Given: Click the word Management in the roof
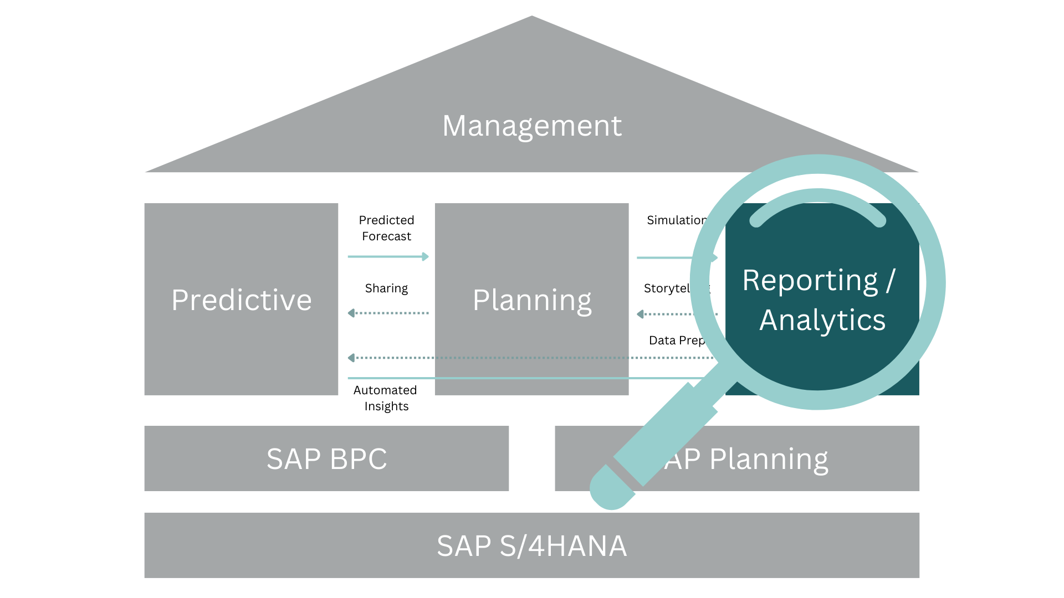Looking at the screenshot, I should [x=531, y=126].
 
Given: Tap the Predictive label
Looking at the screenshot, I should [x=242, y=300].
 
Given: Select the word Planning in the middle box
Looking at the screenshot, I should [x=532, y=301].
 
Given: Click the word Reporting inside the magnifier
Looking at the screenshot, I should [x=810, y=281].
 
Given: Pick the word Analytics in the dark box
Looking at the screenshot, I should [x=822, y=320].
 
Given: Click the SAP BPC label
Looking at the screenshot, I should [x=326, y=459].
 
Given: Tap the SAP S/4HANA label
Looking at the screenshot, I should [x=531, y=546].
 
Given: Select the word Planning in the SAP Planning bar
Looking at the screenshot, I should [x=769, y=460].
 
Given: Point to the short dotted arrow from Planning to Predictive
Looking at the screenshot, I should [x=388, y=313].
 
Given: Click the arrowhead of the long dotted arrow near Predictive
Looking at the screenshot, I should [x=351, y=358].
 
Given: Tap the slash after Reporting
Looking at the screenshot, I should [x=890, y=280].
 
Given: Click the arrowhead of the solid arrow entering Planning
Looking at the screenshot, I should [x=426, y=256].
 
